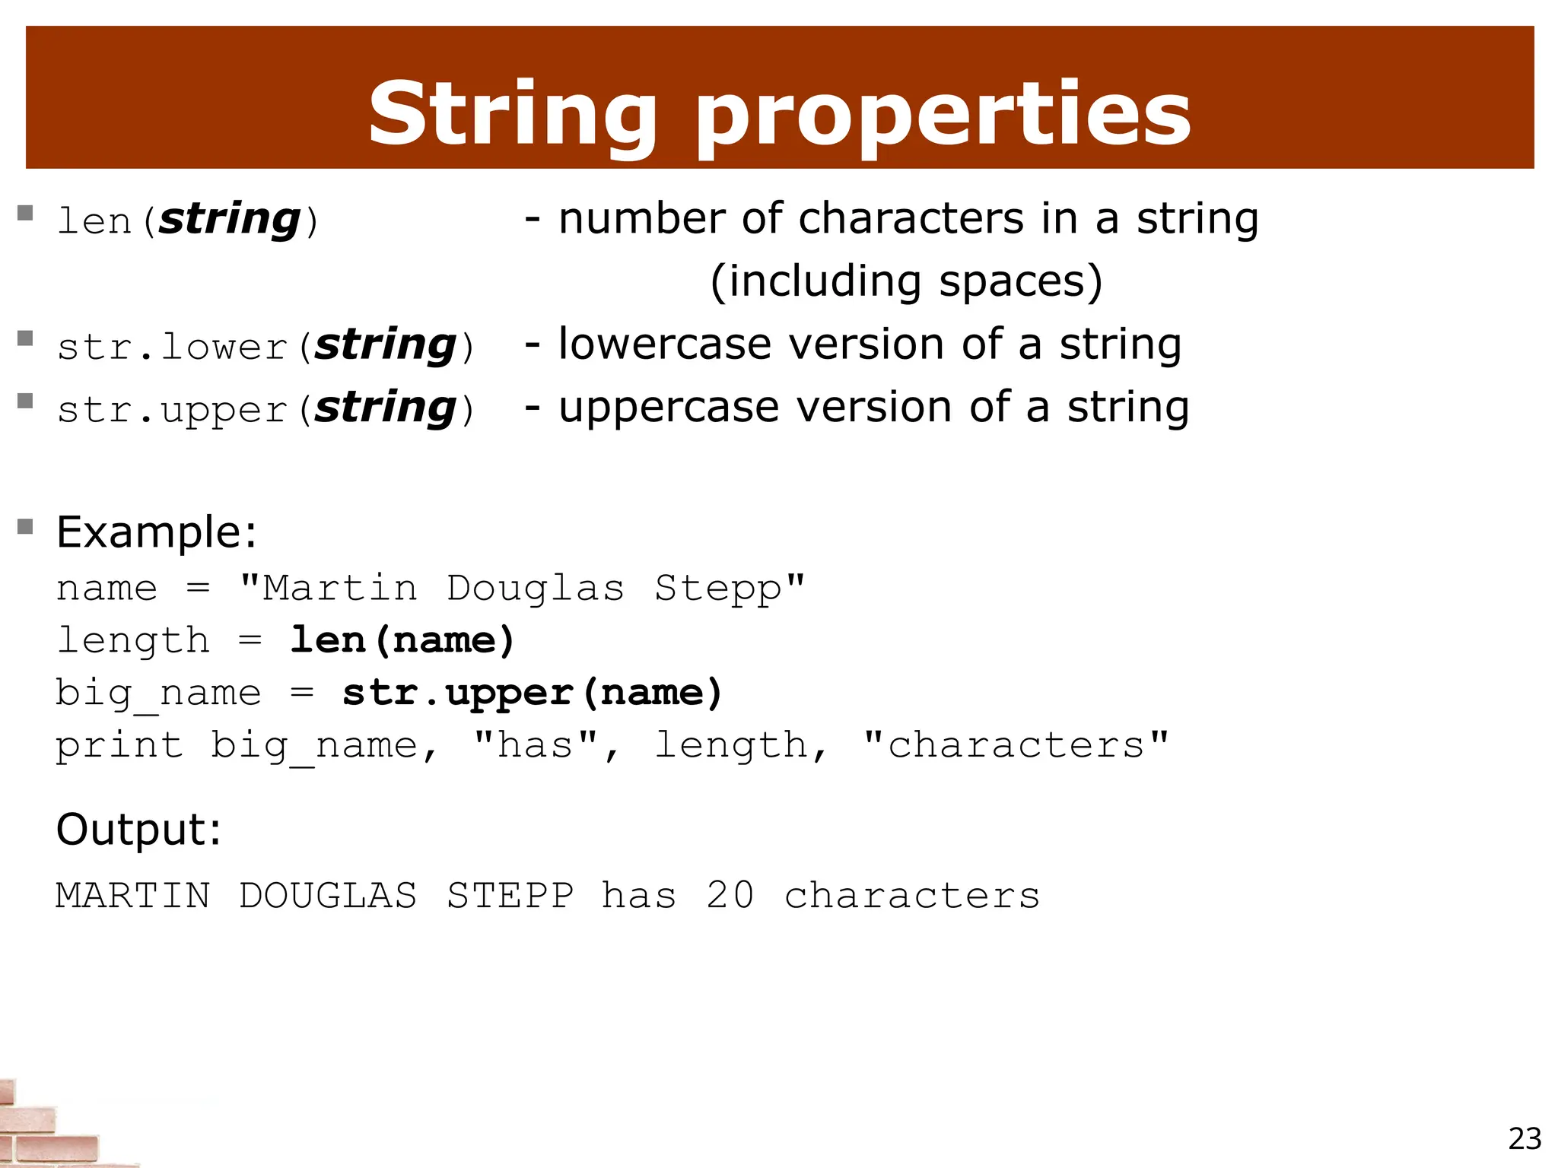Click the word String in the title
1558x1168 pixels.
(511, 114)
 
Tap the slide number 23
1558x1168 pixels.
(1525, 1139)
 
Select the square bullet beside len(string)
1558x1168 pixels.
(25, 213)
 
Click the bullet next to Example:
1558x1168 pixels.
(25, 526)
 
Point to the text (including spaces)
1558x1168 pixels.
(905, 281)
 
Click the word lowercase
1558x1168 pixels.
(665, 344)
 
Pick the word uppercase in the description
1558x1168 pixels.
(669, 408)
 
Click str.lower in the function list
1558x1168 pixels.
(173, 348)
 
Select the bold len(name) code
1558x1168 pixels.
(402, 640)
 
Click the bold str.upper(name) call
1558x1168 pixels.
(532, 693)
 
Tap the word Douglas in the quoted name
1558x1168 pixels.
(535, 588)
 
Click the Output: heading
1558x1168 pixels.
(139, 829)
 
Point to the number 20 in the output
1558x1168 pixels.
(730, 895)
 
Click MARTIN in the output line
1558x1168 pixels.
(133, 895)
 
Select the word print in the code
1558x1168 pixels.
(119, 745)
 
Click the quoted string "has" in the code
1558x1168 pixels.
(545, 744)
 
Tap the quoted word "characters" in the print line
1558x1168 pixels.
(1016, 745)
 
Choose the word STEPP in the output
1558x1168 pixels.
(510, 895)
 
